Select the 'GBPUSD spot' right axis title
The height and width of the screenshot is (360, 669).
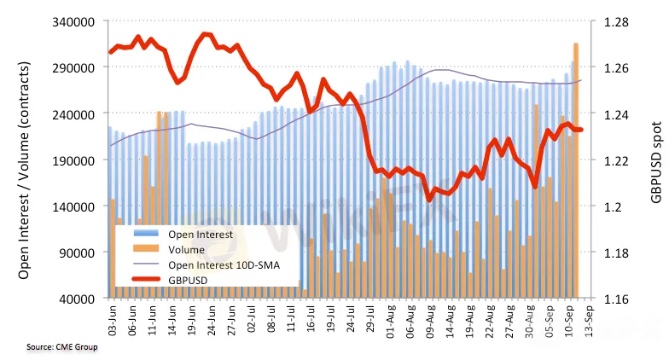coord(655,160)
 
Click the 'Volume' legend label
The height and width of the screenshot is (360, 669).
coord(187,249)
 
